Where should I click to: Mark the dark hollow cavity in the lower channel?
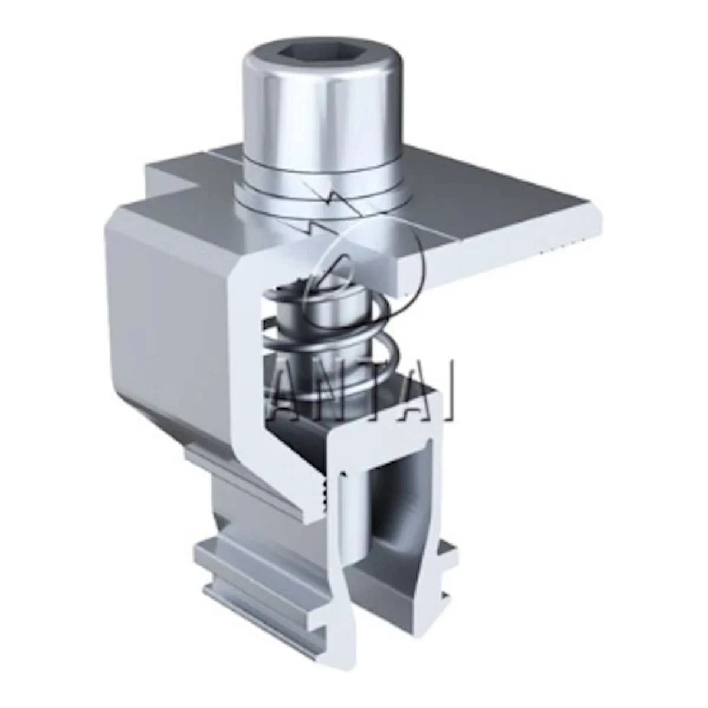[401, 514]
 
